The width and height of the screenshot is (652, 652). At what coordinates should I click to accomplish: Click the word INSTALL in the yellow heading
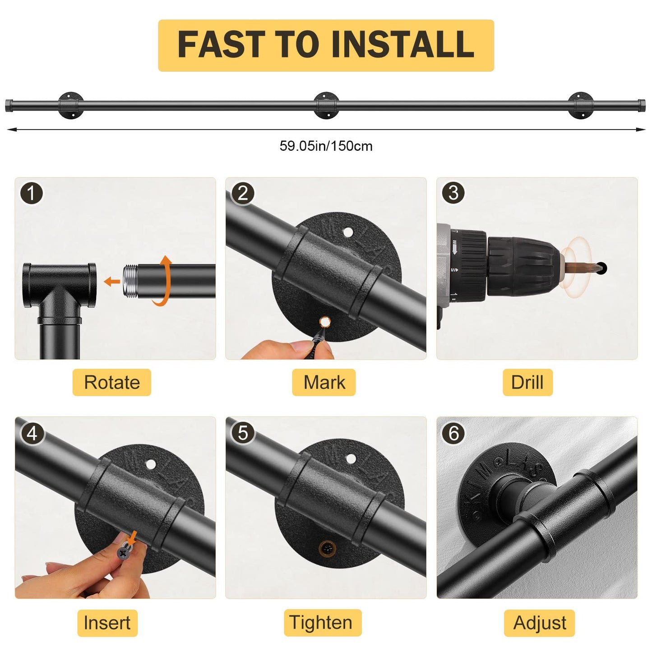click(402, 44)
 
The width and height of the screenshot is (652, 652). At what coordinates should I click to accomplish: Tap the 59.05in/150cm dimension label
click(326, 146)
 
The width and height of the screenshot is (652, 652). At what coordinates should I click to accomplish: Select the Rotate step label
click(111, 382)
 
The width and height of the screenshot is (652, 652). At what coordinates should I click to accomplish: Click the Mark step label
click(324, 382)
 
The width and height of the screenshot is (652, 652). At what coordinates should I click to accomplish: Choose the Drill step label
click(527, 382)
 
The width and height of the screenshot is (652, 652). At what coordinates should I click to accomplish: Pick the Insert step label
click(107, 623)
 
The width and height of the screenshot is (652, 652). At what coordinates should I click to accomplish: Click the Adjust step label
click(540, 623)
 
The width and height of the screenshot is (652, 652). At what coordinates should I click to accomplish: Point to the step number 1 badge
click(32, 194)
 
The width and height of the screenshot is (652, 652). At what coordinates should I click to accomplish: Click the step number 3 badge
click(453, 193)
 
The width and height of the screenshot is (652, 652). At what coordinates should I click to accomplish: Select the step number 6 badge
click(453, 433)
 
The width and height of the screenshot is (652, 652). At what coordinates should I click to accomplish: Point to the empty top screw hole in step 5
click(351, 459)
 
